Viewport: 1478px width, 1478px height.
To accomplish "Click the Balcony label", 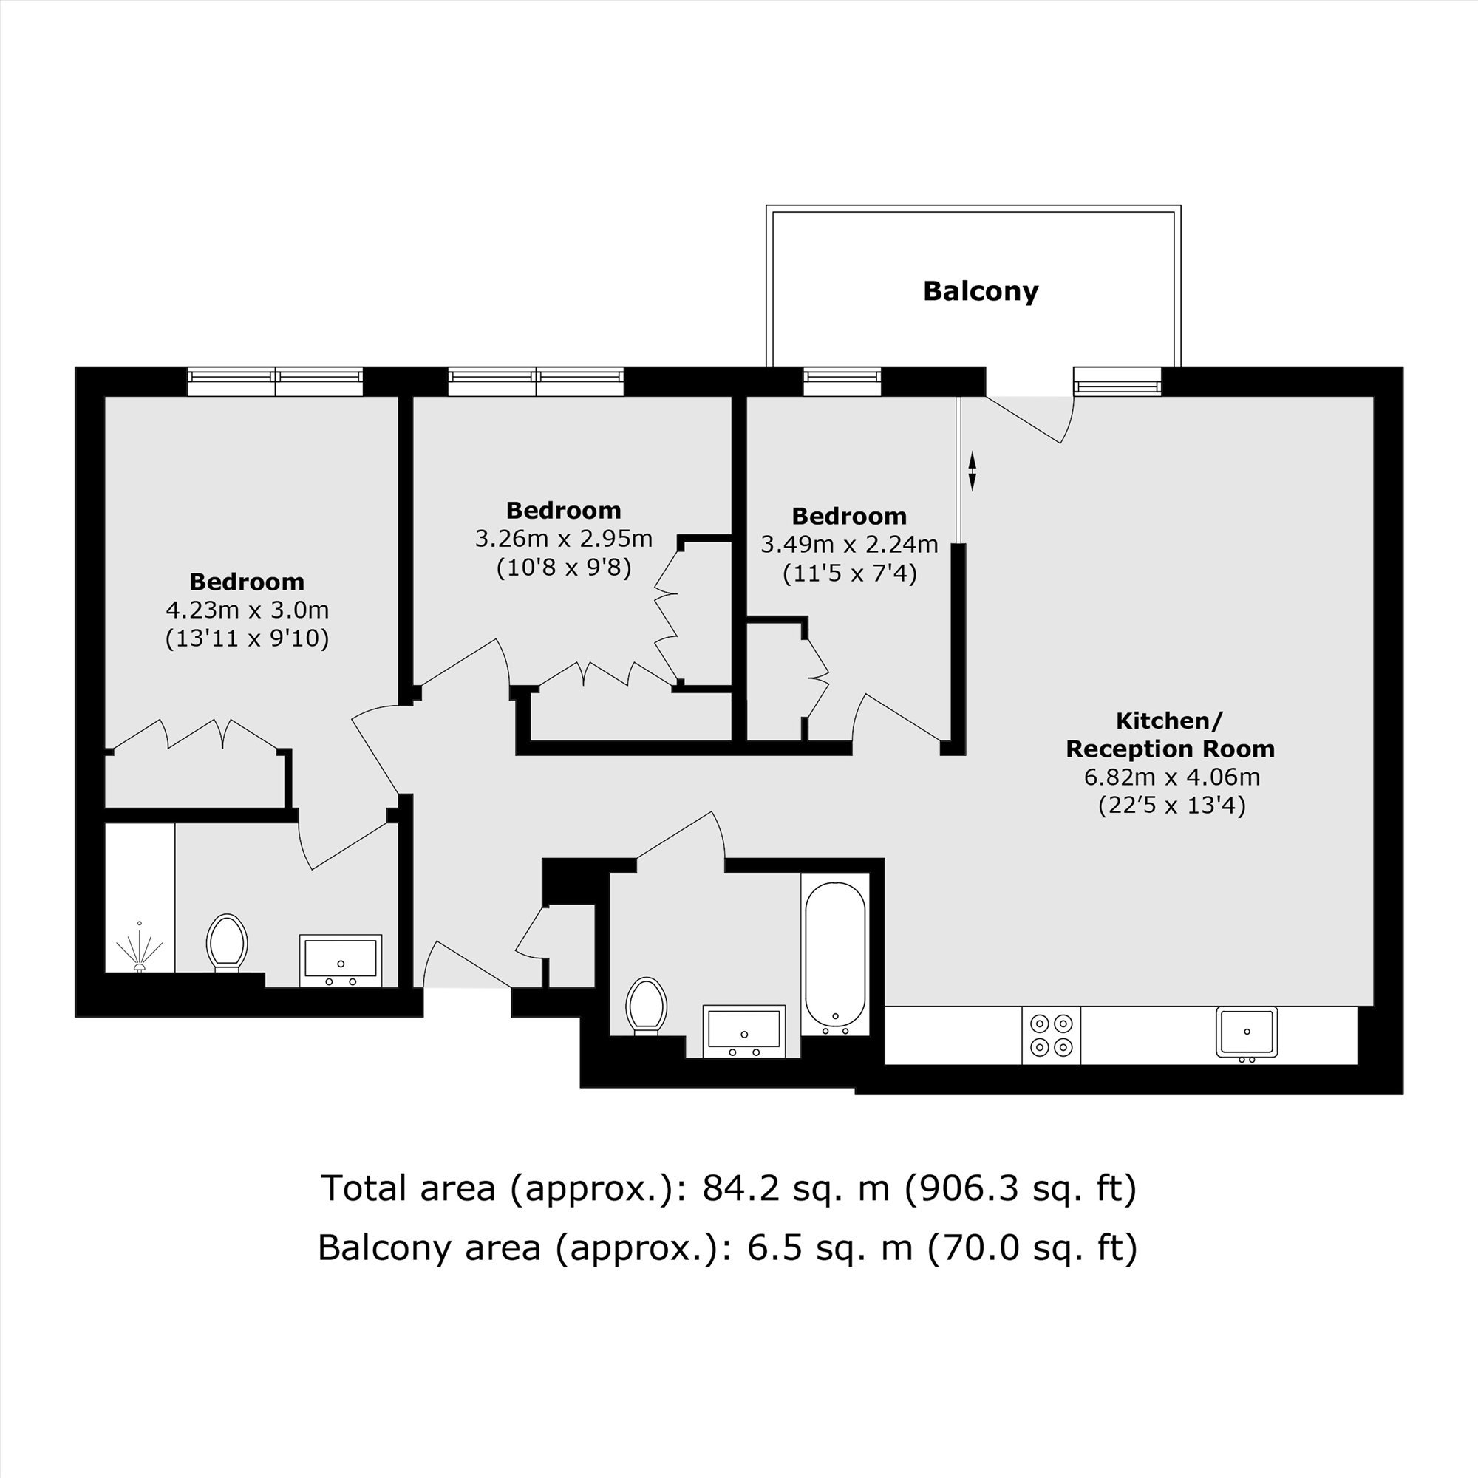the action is [980, 291].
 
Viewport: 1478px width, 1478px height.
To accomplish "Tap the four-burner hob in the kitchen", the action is [1051, 1035].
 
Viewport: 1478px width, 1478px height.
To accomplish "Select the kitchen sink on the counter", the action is [1247, 1035].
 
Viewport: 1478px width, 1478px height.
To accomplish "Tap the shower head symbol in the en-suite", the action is [139, 948].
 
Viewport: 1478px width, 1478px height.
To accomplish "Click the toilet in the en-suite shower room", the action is [227, 942].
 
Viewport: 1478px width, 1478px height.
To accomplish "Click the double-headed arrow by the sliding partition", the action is [973, 471].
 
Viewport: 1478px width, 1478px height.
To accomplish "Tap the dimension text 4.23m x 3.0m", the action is [247, 610].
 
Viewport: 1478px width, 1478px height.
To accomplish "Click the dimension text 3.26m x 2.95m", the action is [564, 539].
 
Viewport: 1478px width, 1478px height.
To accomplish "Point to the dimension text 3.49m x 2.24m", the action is [849, 544].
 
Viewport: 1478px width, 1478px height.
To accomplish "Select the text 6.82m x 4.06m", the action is [1171, 777].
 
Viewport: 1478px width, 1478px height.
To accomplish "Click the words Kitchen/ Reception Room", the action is [1171, 735].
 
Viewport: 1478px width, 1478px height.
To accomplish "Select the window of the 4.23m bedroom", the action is [276, 382].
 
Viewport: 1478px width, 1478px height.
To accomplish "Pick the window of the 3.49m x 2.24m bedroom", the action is [842, 382].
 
